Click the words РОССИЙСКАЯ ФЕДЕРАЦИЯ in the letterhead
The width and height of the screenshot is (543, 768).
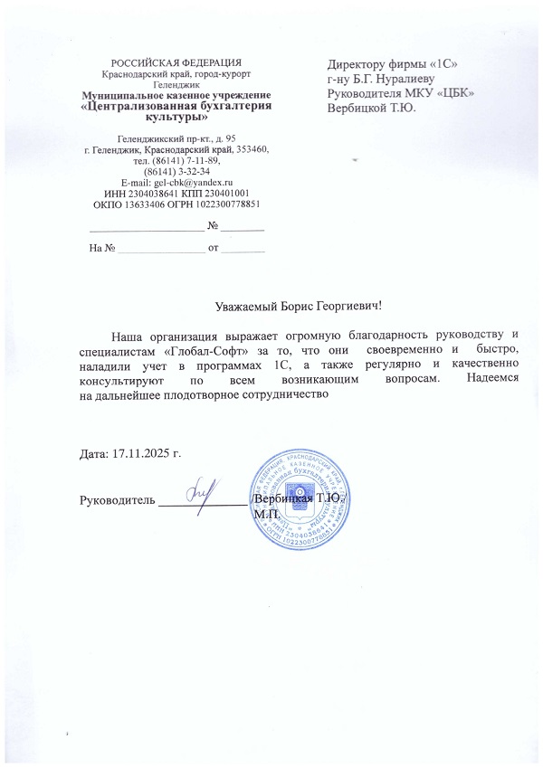click(x=177, y=61)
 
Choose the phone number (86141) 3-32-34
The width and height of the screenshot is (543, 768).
click(x=177, y=170)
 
